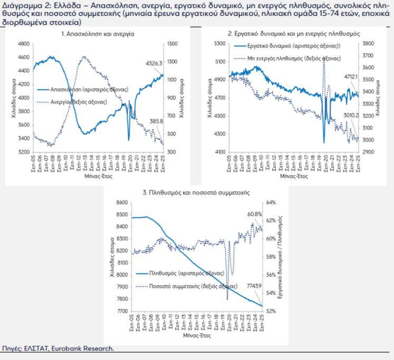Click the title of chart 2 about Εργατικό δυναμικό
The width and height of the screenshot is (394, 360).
pyautogui.click(x=294, y=34)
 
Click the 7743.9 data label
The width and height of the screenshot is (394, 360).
pyautogui.click(x=255, y=286)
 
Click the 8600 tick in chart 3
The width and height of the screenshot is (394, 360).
pyautogui.click(x=122, y=202)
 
